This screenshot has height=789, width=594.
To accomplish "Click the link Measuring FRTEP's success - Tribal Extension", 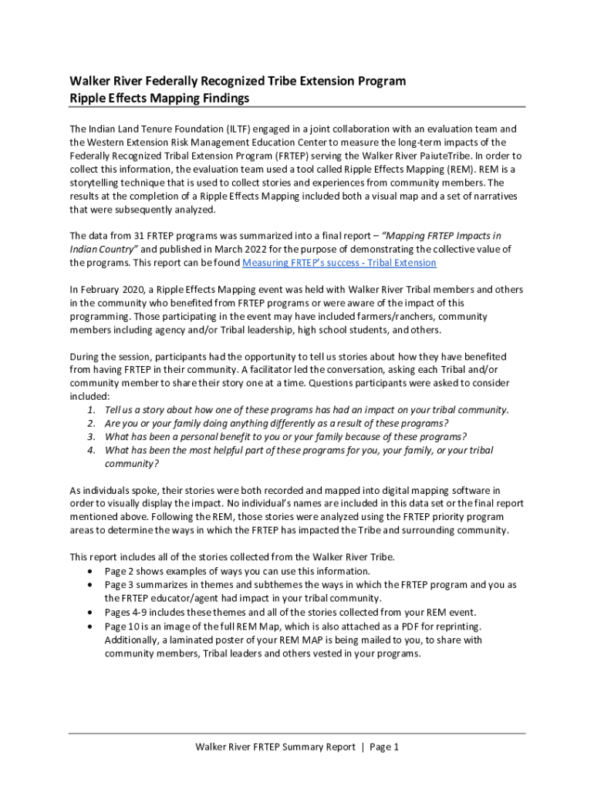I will pyautogui.click(x=339, y=263).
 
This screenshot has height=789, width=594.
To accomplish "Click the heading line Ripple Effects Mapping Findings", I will pyautogui.click(x=160, y=99).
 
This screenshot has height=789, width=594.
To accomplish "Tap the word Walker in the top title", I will pyautogui.click(x=91, y=81).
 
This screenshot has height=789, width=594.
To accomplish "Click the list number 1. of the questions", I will pyautogui.click(x=91, y=410).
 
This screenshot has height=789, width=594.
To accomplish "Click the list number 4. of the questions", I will pyautogui.click(x=91, y=450).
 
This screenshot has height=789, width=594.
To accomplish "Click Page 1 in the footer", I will pyautogui.click(x=384, y=747).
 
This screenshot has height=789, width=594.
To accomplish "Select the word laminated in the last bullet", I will pyautogui.click(x=197, y=640).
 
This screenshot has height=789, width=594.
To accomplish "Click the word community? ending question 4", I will pyautogui.click(x=132, y=464).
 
